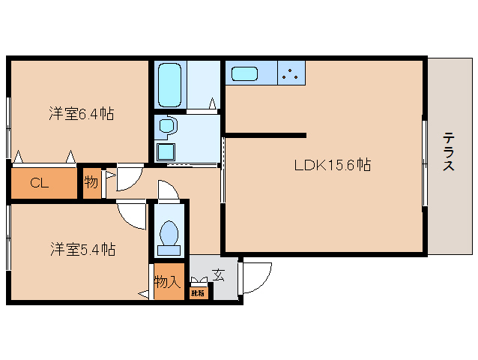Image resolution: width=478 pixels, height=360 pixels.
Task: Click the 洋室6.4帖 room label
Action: click(x=82, y=115)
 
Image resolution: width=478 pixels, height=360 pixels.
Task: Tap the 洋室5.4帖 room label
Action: click(x=82, y=248)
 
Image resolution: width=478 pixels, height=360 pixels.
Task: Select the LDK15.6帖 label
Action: click(x=332, y=164)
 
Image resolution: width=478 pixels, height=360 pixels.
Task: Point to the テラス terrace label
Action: click(x=449, y=152)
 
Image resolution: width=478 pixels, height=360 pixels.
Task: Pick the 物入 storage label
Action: click(x=168, y=282)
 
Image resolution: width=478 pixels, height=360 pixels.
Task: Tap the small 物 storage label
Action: click(x=91, y=182)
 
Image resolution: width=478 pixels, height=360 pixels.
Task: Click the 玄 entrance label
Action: click(x=218, y=275)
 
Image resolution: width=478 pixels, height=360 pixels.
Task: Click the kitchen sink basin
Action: click(x=245, y=73)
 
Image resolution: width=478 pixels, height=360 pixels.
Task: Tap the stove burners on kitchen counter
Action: click(x=291, y=73)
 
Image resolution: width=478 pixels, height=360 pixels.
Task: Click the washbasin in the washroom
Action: click(x=165, y=125)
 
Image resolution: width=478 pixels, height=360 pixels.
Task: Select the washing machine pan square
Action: click(x=165, y=151)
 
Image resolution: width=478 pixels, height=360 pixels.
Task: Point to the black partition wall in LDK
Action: click(x=266, y=135)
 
